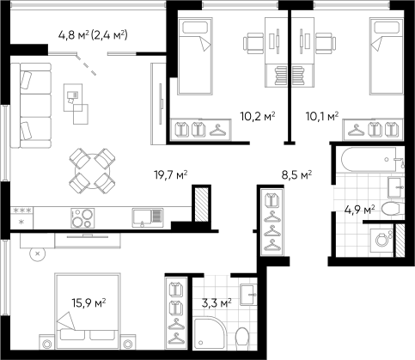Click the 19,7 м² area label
click(171, 174)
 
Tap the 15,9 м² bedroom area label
click(88, 302)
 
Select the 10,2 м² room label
click(258, 116)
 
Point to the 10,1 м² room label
click(322, 116)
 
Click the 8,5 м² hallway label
click(296, 174)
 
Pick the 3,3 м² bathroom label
click(217, 302)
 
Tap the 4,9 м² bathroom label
click(360, 210)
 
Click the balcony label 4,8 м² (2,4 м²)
click(93, 35)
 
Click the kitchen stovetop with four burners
click(82, 218)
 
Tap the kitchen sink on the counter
click(148, 218)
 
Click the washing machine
click(381, 240)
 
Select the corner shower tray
click(210, 333)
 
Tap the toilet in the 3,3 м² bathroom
click(243, 339)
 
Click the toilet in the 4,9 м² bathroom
click(393, 208)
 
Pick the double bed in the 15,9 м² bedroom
click(88, 311)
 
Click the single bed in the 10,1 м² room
click(387, 56)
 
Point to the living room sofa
click(31, 106)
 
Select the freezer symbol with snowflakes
click(22, 218)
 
